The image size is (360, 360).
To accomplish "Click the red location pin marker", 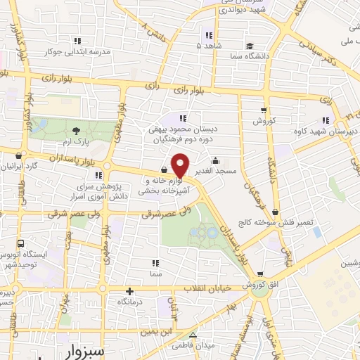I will click(x=180, y=165).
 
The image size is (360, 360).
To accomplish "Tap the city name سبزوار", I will click(x=82, y=349).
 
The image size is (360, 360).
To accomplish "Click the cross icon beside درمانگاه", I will click(x=129, y=291).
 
